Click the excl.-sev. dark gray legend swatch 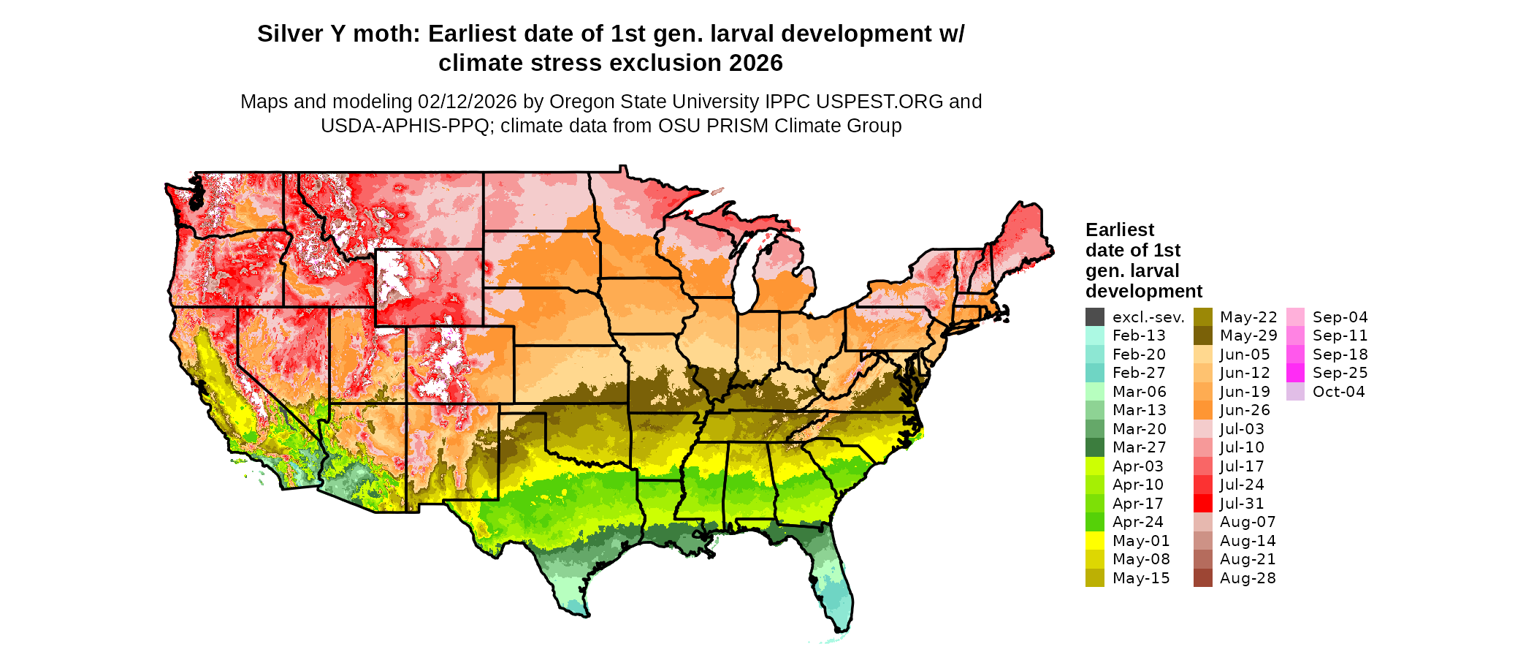point(1094,317)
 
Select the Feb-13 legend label point(1139,336)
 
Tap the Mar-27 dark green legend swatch point(1094,447)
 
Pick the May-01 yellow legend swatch point(1094,541)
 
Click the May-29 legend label point(1248,336)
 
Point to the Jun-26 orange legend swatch point(1202,410)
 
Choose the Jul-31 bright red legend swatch point(1202,504)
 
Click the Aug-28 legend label point(1248,578)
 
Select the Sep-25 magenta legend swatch point(1295,373)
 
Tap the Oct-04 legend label point(1338,392)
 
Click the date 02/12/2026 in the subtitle point(468,102)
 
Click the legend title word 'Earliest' point(1120,230)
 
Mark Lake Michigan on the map point(744,270)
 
